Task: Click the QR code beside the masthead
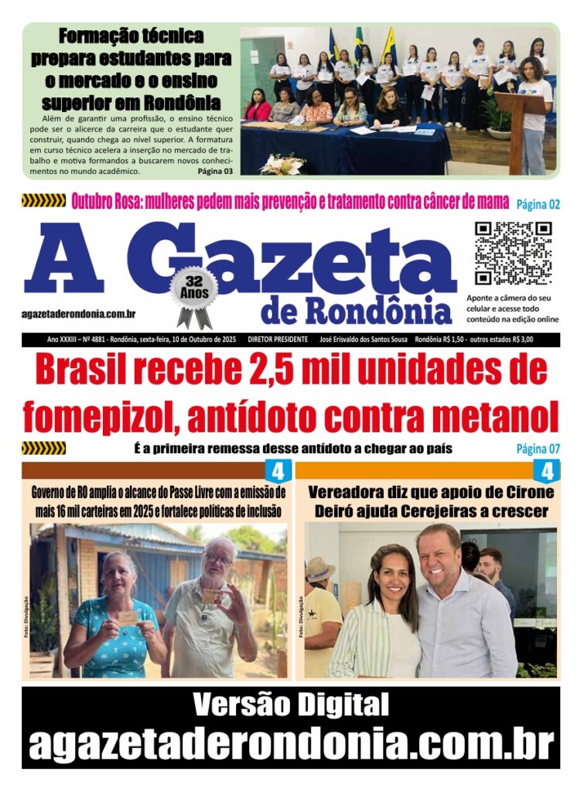pyautogui.click(x=513, y=254)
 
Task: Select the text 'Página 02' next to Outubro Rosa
pyautogui.click(x=537, y=203)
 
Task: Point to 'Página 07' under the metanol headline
pyautogui.click(x=538, y=449)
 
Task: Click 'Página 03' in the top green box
pyautogui.click(x=214, y=171)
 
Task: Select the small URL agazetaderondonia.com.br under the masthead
pyautogui.click(x=80, y=314)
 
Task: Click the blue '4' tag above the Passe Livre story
pyautogui.click(x=278, y=470)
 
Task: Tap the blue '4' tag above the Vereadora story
pyautogui.click(x=548, y=470)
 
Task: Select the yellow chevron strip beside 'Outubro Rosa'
pyautogui.click(x=43, y=201)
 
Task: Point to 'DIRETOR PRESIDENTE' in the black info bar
pyautogui.click(x=278, y=340)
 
